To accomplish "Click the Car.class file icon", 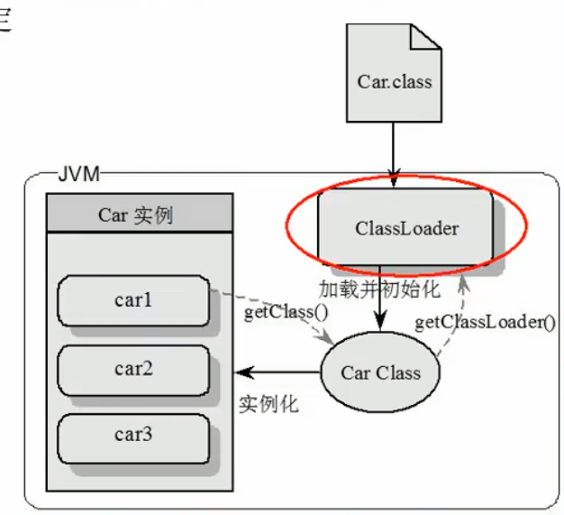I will (x=394, y=82).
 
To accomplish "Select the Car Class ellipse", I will (x=379, y=372).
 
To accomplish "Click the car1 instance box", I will (x=132, y=301).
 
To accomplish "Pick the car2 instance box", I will (x=132, y=368).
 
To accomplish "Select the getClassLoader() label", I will (x=484, y=322).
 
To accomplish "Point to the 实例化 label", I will (x=268, y=403).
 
